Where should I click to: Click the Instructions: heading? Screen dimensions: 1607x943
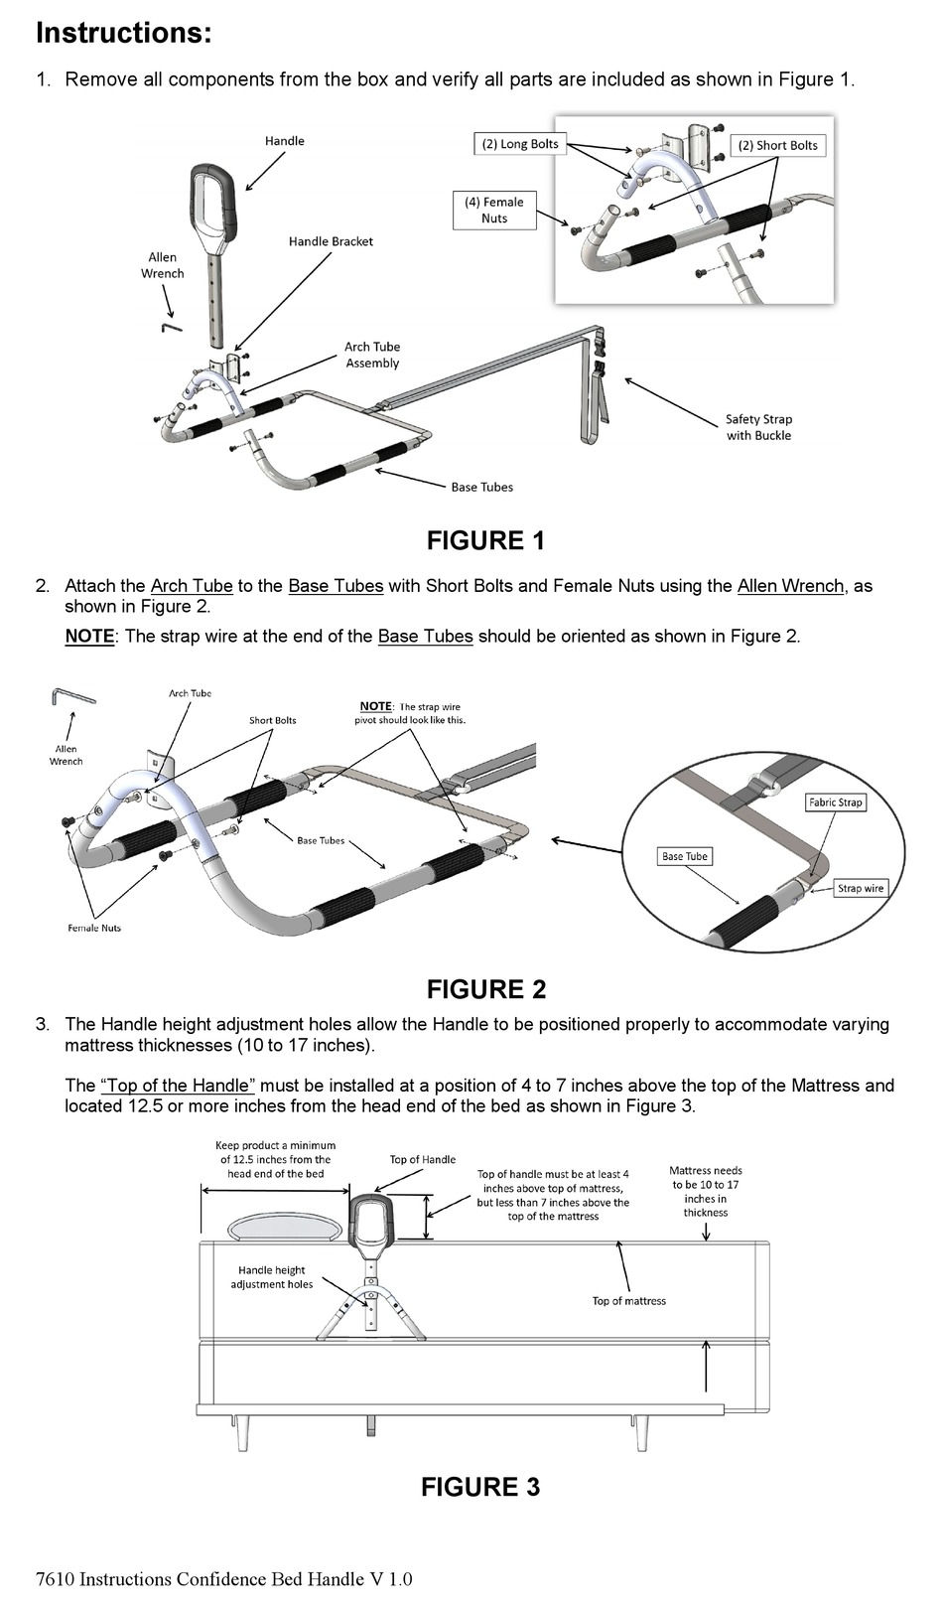[x=123, y=33]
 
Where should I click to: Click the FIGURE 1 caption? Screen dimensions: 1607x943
[x=485, y=540]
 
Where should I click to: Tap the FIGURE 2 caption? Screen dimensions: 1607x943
[x=485, y=988]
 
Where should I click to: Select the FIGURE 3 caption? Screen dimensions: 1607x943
[x=479, y=1486]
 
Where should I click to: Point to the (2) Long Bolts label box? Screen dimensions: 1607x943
[x=520, y=144]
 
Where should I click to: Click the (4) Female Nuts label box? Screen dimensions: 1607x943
[x=494, y=210]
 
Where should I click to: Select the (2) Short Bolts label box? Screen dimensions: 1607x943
[x=777, y=145]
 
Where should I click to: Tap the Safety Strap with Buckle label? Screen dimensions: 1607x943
[x=758, y=427]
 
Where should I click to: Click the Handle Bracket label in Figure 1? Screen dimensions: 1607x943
[x=331, y=241]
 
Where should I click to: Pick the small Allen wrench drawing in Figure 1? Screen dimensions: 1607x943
[x=172, y=325]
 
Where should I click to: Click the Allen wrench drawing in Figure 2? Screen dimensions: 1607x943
[x=72, y=698]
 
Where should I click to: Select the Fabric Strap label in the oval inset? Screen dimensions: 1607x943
[x=835, y=802]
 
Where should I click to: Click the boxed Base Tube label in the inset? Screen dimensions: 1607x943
[x=684, y=856]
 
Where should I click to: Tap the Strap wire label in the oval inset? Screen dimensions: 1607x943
[x=859, y=888]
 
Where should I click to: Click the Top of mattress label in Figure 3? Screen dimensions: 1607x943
[x=628, y=1300]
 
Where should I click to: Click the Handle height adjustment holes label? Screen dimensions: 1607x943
[x=271, y=1277]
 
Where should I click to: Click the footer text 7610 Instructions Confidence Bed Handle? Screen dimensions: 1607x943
[x=223, y=1578]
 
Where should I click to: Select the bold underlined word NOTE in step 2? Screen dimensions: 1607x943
[x=89, y=636]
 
